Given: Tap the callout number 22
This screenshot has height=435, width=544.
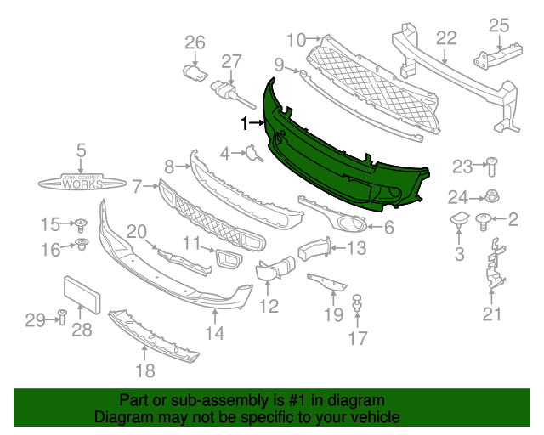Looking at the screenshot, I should coord(446,38).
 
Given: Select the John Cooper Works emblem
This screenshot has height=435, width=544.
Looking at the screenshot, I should coord(81,183).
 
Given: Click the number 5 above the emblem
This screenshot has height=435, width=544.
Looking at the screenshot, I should coord(81,151).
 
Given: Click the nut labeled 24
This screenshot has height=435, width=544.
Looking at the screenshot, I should coord(490,196).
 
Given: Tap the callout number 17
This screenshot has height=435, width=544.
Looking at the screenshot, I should coord(357,339).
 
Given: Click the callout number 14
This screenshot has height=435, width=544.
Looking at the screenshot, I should coord(214,334).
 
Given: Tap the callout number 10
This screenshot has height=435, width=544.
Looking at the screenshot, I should coord(296,39).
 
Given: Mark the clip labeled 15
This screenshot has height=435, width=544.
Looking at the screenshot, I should coord(82,225).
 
